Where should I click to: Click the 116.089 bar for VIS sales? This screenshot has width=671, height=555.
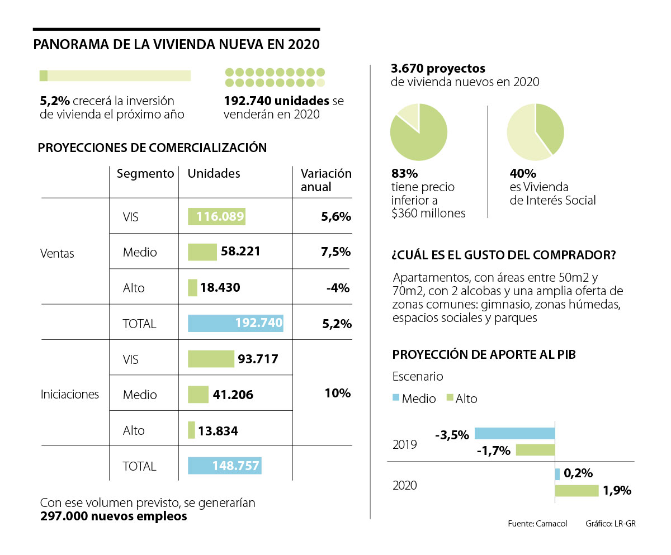(x=217, y=216)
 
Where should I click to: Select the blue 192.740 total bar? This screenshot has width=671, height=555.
(x=235, y=324)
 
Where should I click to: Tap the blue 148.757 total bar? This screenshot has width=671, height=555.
(x=225, y=466)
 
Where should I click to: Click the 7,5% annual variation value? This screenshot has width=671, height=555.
(x=335, y=252)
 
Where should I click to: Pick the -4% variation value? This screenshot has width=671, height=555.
(x=338, y=288)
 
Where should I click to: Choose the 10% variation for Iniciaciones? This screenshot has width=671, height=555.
(x=337, y=393)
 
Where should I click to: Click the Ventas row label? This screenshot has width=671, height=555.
(x=57, y=253)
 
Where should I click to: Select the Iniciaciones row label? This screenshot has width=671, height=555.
(x=70, y=395)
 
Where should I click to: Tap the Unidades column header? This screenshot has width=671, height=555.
(x=214, y=174)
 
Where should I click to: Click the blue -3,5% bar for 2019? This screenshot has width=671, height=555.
(x=514, y=433)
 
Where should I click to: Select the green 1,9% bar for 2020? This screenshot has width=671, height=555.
(x=577, y=491)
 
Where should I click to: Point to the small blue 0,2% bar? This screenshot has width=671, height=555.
(x=557, y=474)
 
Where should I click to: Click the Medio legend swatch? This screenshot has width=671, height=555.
(x=396, y=398)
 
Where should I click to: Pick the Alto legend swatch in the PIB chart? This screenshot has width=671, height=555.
(x=449, y=398)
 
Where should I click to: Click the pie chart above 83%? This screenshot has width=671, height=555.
(x=419, y=132)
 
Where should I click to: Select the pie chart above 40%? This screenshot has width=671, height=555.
(x=535, y=132)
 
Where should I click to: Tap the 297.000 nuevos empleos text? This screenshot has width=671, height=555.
(x=114, y=516)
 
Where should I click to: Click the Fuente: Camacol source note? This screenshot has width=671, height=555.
(x=537, y=524)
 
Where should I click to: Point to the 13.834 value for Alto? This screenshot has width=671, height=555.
(x=219, y=430)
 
